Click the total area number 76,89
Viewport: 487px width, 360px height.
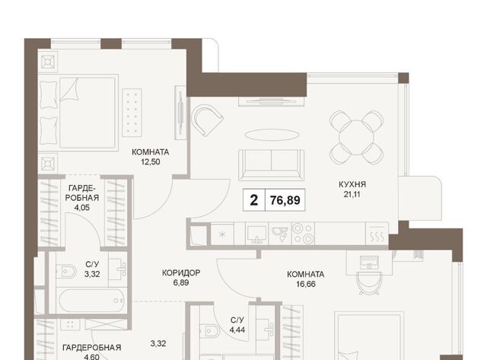tap(285, 200)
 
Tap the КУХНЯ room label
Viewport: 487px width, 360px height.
tap(352, 184)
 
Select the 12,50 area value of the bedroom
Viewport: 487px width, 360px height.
tap(151, 162)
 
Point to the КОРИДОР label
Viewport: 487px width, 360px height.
tap(181, 272)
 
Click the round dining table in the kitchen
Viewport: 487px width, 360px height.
tap(356, 137)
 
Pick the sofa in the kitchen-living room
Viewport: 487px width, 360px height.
tap(271, 165)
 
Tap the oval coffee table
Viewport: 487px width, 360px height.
tap(272, 135)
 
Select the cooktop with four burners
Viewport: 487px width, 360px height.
tap(303, 233)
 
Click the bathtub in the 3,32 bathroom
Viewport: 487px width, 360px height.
tap(91, 301)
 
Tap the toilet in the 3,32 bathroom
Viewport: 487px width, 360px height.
tap(66, 272)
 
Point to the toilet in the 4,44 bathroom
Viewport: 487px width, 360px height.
tap(209, 331)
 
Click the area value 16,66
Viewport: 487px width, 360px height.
tap(306, 284)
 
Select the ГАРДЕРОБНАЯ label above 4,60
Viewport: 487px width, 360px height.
tap(91, 347)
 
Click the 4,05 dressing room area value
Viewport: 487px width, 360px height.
tap(82, 208)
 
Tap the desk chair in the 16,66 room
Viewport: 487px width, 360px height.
tap(368, 282)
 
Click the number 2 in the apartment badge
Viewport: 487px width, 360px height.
tap(253, 200)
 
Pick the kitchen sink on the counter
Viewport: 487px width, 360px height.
tap(256, 234)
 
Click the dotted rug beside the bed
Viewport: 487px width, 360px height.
tap(132, 113)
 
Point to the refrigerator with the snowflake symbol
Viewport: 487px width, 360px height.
tap(222, 234)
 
